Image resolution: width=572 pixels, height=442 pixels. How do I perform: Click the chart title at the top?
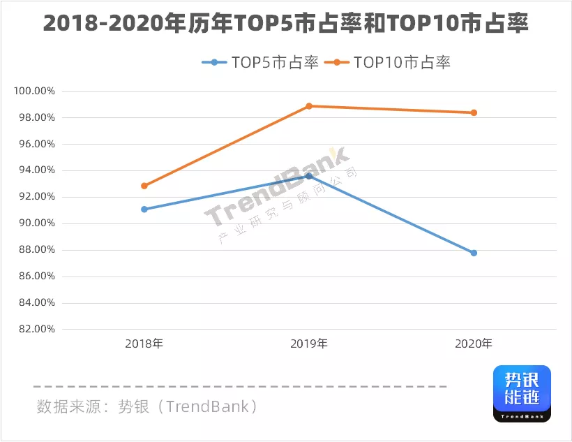286,24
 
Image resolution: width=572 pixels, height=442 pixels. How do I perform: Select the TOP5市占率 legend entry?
261,63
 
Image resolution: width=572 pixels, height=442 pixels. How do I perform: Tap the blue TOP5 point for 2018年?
144,209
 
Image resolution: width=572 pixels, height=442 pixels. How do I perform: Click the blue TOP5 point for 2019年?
309,176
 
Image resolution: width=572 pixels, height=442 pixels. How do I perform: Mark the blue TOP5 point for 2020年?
474,253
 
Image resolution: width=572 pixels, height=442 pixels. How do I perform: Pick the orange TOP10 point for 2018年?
144,186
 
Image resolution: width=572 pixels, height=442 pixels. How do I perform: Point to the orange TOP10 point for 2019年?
309,106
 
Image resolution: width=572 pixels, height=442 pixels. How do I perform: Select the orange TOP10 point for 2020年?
474,112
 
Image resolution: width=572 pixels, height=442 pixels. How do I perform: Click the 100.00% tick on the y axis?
34,91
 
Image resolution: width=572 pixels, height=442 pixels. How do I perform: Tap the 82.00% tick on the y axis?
34,329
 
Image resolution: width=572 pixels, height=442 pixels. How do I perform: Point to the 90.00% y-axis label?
34,223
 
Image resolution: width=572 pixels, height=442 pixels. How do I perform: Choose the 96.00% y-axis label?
34,145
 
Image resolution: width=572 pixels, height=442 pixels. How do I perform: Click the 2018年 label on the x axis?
144,344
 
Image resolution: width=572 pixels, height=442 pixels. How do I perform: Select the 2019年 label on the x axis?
309,344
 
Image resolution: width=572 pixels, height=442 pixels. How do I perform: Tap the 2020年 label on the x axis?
474,344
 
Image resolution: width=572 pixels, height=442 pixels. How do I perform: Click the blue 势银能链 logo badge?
522,393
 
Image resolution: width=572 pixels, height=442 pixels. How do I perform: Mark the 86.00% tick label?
34,277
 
